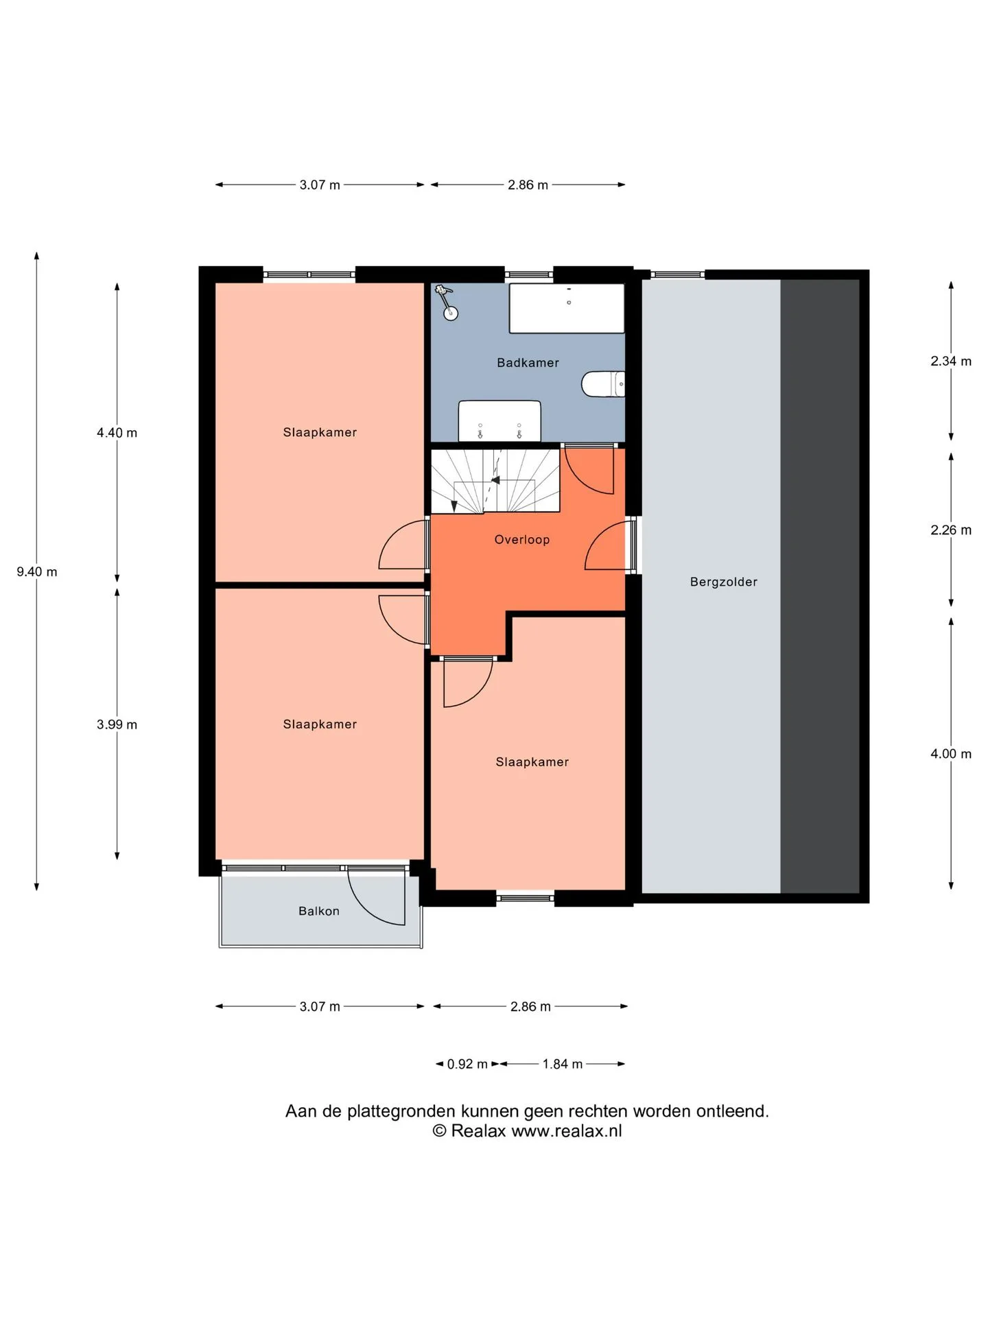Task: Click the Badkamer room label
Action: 528,363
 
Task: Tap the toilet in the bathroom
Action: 603,384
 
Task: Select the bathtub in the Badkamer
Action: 567,308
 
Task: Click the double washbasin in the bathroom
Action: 499,421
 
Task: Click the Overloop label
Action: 522,540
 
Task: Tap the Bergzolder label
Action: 724,582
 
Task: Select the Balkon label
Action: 319,911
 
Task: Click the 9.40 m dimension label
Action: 37,571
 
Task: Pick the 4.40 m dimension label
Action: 117,433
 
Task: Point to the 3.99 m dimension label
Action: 117,724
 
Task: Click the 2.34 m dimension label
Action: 951,361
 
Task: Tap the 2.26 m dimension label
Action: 951,530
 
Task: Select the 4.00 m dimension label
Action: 951,754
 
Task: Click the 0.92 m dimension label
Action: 467,1064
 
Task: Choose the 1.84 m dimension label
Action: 563,1064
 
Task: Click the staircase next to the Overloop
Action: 495,480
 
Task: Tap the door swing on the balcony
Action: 376,896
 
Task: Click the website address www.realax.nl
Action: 567,1131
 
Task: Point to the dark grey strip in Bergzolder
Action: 820,586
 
